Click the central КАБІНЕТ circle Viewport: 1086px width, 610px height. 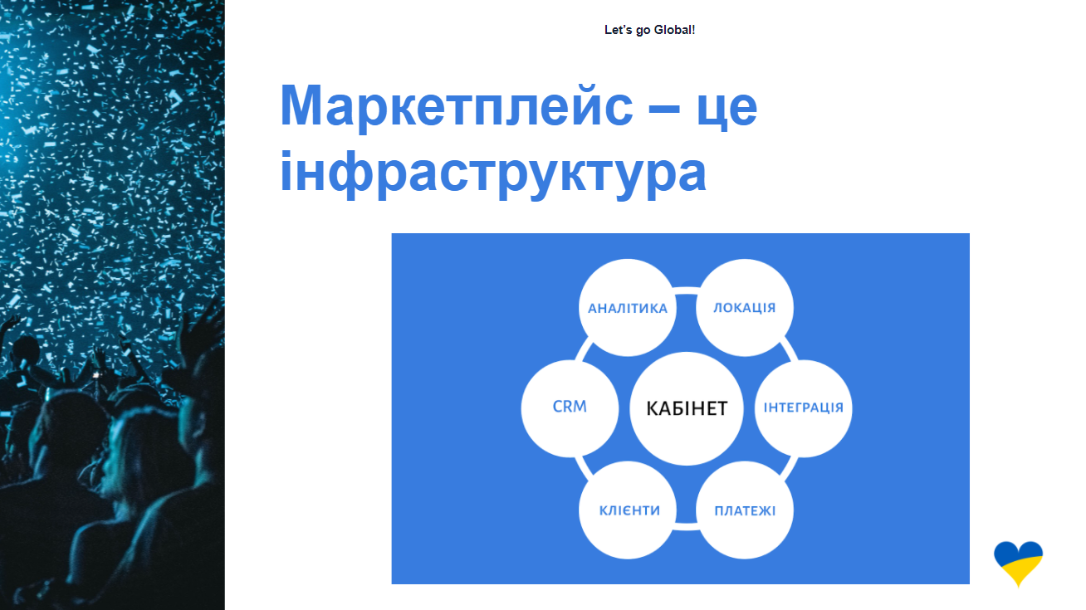tap(686, 408)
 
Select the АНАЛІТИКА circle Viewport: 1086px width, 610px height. tap(628, 308)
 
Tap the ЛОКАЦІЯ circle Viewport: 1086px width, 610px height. tap(745, 308)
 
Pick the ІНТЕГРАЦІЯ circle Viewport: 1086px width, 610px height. tap(804, 408)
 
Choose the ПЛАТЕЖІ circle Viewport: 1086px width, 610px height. tap(745, 510)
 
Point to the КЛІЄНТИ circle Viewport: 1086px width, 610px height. tap(628, 510)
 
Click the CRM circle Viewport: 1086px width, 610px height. tap(570, 408)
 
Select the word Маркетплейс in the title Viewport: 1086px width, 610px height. tap(456, 106)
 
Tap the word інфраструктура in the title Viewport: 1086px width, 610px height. tap(492, 172)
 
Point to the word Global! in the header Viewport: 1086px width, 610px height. tap(674, 30)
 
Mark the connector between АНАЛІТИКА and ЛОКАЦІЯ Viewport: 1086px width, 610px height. tap(686, 290)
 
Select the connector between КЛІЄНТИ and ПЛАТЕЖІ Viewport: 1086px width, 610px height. tap(686, 527)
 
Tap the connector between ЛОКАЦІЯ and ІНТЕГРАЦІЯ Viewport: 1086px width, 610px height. tap(788, 349)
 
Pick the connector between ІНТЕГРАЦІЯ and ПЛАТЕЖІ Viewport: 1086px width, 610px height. tap(788, 467)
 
